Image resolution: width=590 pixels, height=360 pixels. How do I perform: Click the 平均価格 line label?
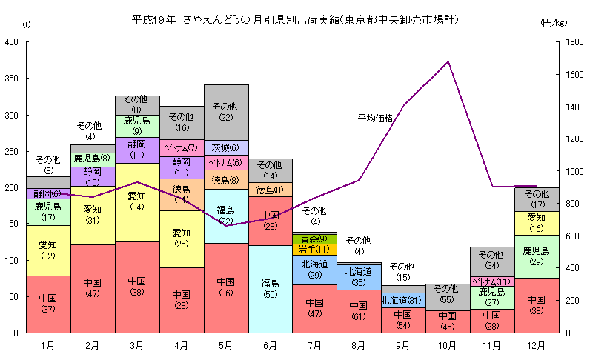pyautogui.click(x=375, y=118)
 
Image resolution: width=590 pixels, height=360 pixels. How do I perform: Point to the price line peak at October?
pyautogui.click(x=448, y=62)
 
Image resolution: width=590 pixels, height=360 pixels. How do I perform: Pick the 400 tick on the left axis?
pyautogui.click(x=12, y=42)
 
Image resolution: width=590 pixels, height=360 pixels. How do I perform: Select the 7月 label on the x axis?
pyautogui.click(x=314, y=344)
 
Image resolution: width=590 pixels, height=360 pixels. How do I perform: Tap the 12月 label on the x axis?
pyautogui.click(x=536, y=344)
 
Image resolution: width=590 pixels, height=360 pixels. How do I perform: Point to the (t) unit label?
pyautogui.click(x=27, y=24)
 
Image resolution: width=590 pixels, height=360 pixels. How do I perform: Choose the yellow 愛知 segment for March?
pyautogui.click(x=137, y=201)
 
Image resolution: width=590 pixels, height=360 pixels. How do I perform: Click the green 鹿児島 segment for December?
pyautogui.click(x=536, y=256)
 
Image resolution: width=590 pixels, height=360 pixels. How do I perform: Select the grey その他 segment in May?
pyautogui.click(x=226, y=112)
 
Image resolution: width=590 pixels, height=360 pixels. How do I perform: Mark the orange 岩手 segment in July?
pyautogui.click(x=314, y=250)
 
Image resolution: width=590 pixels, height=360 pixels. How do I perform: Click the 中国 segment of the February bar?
pyautogui.click(x=93, y=288)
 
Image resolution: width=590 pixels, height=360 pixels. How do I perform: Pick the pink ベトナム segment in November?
pyautogui.click(x=492, y=281)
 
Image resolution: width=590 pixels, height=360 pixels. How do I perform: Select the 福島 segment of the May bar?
pyautogui.click(x=226, y=216)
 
